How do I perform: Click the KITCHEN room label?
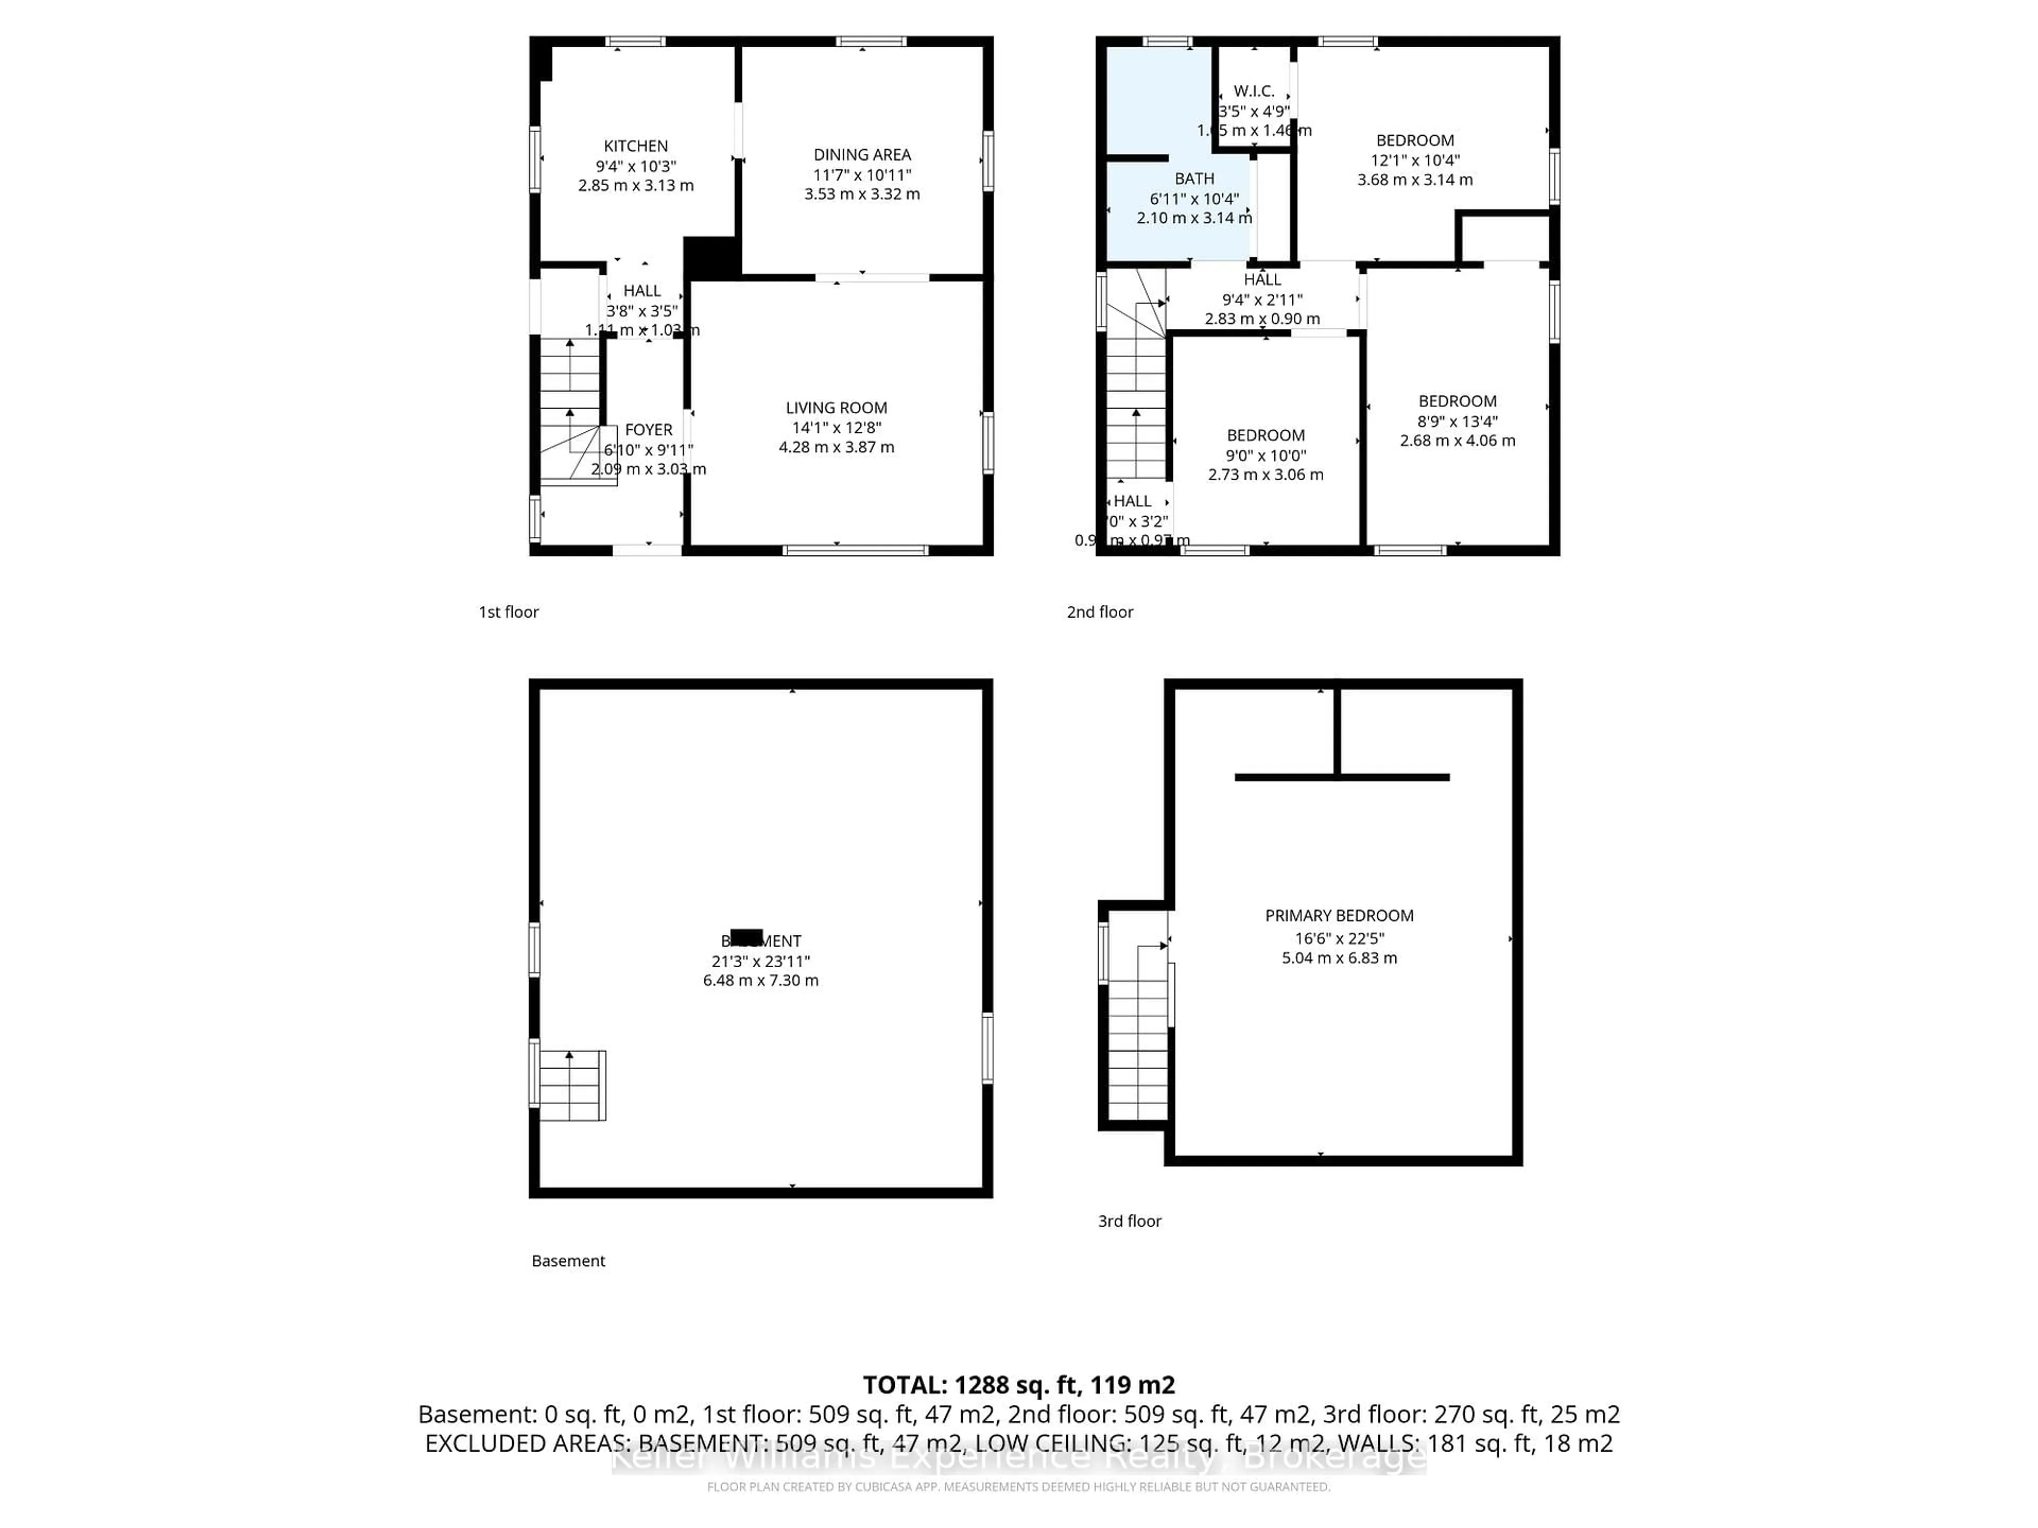[636, 145]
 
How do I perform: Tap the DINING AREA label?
[861, 155]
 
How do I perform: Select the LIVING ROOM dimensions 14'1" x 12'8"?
[836, 427]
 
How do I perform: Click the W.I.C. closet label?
[1254, 91]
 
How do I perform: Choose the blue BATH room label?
[1194, 179]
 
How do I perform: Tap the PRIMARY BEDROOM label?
[1338, 916]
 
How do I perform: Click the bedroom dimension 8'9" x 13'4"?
[1457, 421]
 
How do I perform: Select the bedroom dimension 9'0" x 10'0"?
[1265, 455]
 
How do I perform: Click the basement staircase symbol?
[571, 1085]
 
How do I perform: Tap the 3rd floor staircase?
[1138, 1031]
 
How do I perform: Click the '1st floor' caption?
[508, 612]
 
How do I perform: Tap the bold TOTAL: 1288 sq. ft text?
[1018, 1385]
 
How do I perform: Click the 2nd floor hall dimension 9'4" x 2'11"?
[1262, 299]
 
